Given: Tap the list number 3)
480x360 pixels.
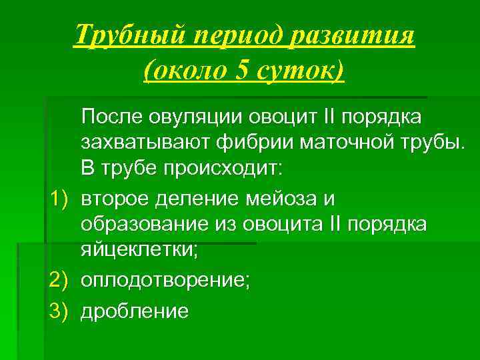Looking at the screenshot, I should pyautogui.click(x=62, y=311).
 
